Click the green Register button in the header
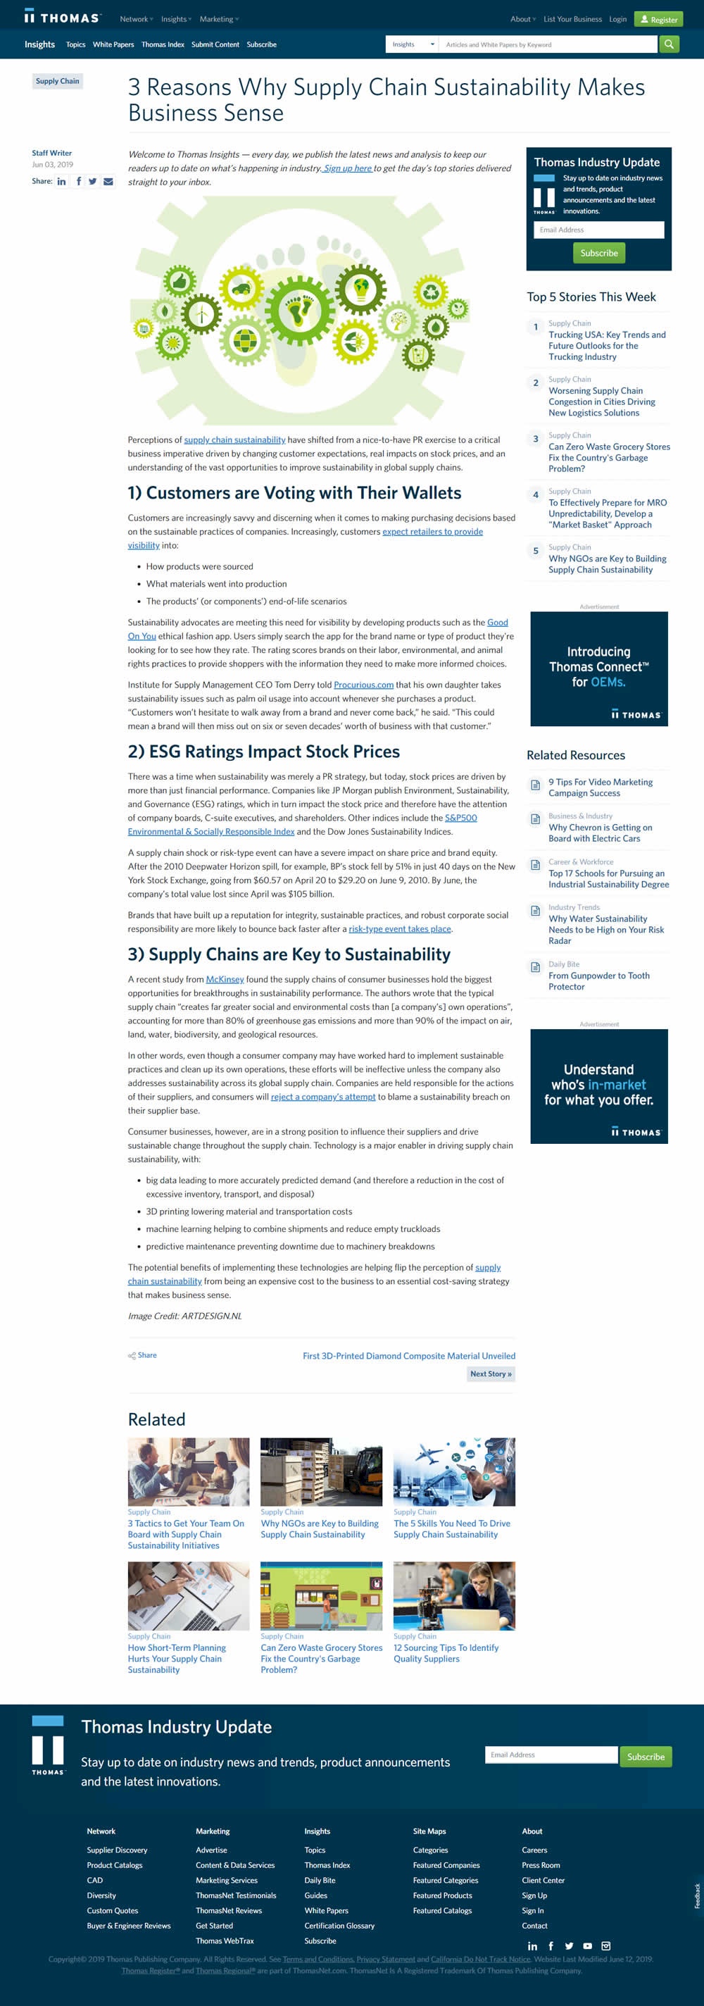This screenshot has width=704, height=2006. (658, 20)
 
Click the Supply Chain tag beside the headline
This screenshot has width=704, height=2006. (57, 81)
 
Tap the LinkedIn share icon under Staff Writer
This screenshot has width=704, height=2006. (61, 182)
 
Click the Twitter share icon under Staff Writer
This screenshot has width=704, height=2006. (93, 182)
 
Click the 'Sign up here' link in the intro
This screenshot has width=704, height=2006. (347, 168)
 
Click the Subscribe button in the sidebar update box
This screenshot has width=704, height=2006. (599, 253)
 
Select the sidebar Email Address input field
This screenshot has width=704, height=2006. (598, 230)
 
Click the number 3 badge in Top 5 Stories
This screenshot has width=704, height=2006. (535, 438)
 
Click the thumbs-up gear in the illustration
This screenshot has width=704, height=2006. (180, 280)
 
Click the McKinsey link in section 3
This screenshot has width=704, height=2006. (225, 979)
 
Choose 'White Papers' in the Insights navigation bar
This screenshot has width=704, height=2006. (113, 44)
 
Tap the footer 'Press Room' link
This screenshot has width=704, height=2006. (541, 1864)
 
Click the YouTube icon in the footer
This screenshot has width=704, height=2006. (587, 1945)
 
